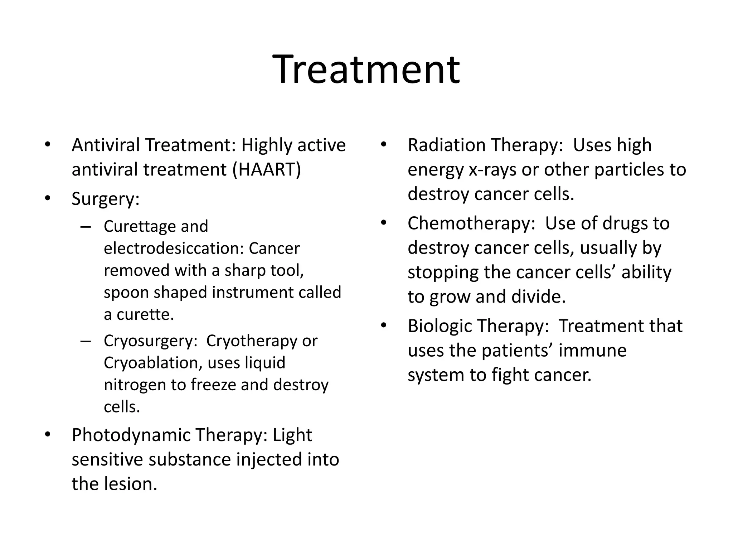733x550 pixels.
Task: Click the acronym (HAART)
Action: click(267, 169)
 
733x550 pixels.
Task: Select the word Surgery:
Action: click(105, 199)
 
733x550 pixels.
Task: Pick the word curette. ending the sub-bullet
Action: click(145, 315)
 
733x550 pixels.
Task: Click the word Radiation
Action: click(446, 145)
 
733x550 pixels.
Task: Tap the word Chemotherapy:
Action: click(471, 223)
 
